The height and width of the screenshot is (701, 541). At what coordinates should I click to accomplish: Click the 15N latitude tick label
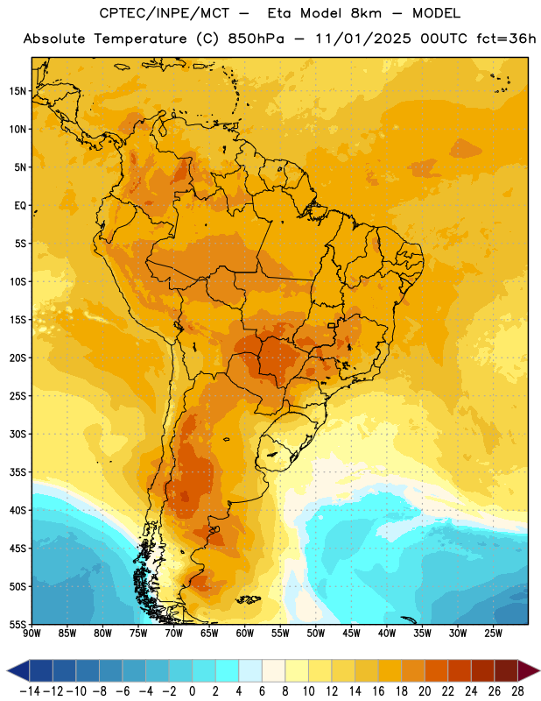tap(18, 91)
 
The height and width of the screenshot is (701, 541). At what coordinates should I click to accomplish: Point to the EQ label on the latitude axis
tap(20, 206)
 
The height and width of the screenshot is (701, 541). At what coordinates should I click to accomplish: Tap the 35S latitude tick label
tap(18, 472)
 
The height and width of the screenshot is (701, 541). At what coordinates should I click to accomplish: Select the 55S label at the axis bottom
tap(18, 624)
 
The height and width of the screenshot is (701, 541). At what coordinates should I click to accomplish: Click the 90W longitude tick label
tap(32, 634)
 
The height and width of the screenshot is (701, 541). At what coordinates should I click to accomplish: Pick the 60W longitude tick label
tap(245, 634)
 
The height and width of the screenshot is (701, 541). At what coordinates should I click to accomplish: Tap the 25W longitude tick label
tap(493, 634)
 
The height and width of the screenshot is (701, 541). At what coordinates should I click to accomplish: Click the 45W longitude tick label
tap(351, 634)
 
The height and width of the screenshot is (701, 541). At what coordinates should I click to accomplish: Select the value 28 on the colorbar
tap(517, 691)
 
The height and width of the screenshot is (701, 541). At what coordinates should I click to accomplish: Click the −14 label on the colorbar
tap(30, 691)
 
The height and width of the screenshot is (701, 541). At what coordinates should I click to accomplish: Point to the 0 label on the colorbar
tap(192, 691)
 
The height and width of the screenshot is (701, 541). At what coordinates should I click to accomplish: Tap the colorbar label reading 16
tap(378, 691)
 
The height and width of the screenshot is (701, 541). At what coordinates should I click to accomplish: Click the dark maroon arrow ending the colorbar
tap(529, 670)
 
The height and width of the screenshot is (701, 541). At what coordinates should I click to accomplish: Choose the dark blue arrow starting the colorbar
tap(18, 670)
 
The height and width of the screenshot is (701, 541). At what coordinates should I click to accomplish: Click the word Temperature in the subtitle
tap(140, 39)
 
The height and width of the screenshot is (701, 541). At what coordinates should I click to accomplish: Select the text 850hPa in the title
tap(256, 39)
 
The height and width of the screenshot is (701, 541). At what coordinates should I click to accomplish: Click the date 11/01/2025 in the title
tap(362, 39)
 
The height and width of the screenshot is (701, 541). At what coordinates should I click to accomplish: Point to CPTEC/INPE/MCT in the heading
tap(164, 13)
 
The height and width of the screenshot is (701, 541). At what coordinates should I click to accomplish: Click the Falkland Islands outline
tap(249, 599)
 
